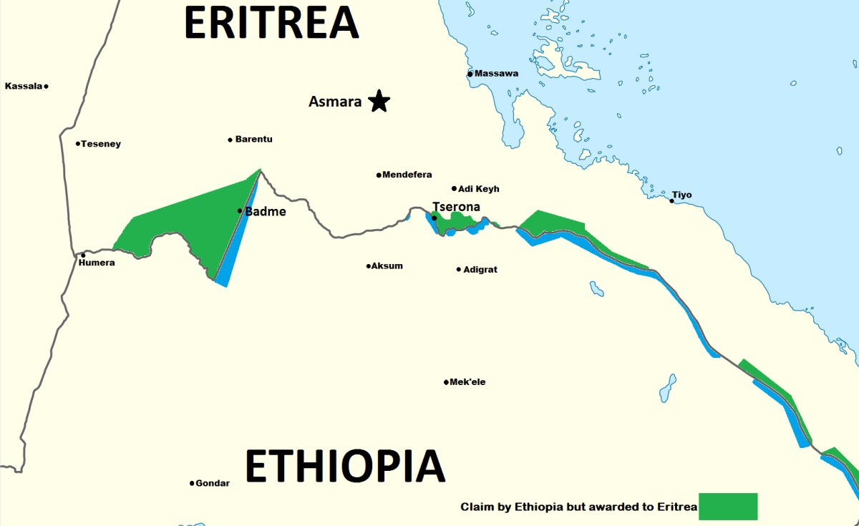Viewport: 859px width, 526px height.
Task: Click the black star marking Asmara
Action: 379,102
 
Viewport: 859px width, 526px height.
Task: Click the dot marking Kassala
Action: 46,87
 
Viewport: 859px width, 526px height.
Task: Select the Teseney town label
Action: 101,144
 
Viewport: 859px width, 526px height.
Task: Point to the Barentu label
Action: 254,140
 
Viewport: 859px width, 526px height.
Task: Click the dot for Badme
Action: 241,210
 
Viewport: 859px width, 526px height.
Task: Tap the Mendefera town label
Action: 407,175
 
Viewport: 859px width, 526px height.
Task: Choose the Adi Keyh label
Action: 479,189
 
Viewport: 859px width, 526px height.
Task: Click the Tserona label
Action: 456,207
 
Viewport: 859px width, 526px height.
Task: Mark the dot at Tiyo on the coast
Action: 671,200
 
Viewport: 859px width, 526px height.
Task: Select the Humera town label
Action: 97,263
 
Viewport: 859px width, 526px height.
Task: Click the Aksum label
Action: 387,266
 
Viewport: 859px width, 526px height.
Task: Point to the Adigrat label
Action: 480,270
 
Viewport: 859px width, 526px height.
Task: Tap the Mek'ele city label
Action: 467,382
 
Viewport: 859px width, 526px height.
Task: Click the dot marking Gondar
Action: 192,484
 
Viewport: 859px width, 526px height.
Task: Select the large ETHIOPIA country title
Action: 345,466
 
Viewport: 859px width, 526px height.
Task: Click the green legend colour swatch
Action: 728,507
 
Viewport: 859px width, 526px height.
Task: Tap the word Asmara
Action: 335,102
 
